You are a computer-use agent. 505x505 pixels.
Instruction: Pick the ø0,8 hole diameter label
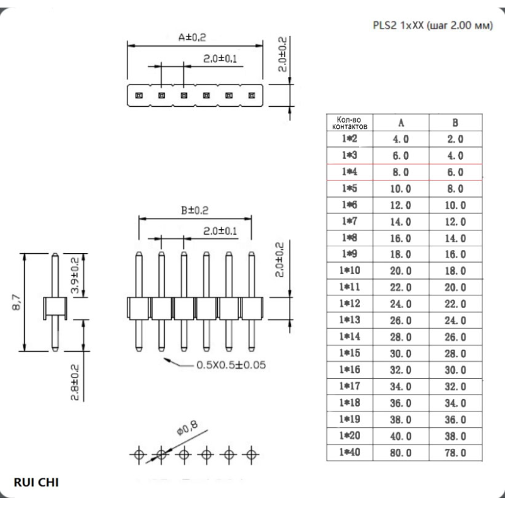[187, 430]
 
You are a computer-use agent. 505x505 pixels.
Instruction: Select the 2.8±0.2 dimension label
[74, 383]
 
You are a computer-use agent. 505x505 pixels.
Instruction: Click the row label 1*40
[349, 453]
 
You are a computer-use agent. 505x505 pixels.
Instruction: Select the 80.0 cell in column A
[401, 453]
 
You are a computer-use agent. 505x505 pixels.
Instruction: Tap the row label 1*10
[349, 271]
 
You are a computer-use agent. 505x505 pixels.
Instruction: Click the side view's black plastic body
[55, 307]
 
